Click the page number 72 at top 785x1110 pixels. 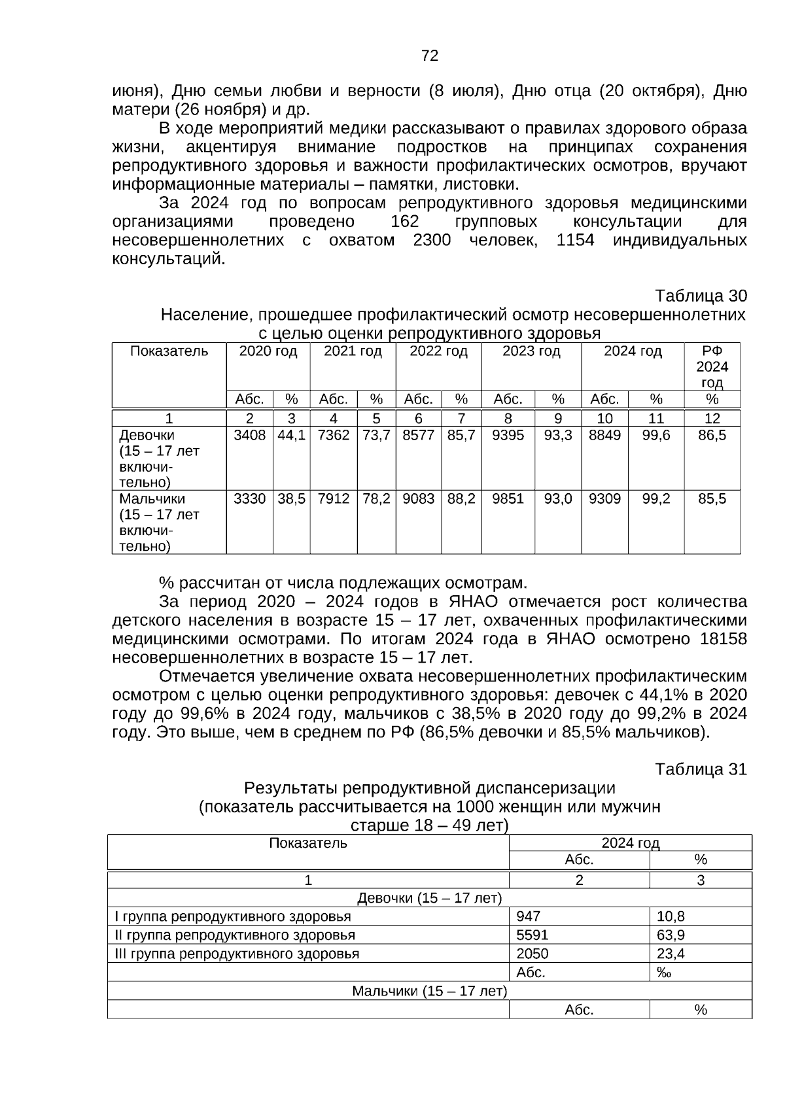pyautogui.click(x=430, y=56)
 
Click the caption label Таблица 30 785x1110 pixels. pyautogui.click(x=701, y=296)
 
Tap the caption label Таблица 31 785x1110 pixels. pyautogui.click(x=701, y=769)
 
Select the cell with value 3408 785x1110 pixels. pyautogui.click(x=249, y=436)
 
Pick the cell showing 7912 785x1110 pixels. pyautogui.click(x=333, y=499)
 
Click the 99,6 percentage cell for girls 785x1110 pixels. pyautogui.click(x=655, y=436)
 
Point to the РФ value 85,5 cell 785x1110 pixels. pyautogui.click(x=712, y=499)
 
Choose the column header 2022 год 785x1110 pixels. pyautogui.click(x=438, y=352)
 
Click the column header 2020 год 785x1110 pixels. pyautogui.click(x=268, y=352)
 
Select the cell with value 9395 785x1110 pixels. pyautogui.click(x=508, y=436)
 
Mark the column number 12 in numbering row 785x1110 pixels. pyautogui.click(x=712, y=419)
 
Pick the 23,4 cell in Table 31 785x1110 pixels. pyautogui.click(x=671, y=954)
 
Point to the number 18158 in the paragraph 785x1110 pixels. pyautogui.click(x=722, y=639)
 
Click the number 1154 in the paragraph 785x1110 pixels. pyautogui.click(x=575, y=241)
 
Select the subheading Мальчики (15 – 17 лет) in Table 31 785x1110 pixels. pyautogui.click(x=429, y=991)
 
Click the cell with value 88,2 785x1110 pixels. pyautogui.click(x=461, y=499)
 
